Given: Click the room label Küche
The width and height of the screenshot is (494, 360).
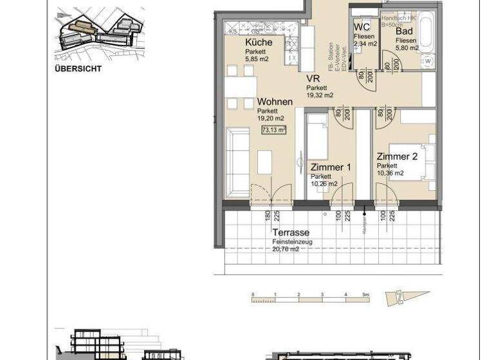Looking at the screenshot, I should [259, 42].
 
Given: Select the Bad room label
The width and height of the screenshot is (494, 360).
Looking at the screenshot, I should [404, 30].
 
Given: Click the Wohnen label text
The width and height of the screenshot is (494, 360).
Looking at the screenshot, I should [275, 102].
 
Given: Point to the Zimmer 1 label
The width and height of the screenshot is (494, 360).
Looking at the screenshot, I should [331, 167].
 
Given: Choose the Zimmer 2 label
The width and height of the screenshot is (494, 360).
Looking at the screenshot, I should [397, 156].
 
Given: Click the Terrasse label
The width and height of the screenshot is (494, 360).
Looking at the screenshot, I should [291, 232].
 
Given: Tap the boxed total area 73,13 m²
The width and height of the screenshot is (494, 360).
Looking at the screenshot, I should [273, 129].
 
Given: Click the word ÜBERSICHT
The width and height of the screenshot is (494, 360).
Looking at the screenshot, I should [78, 68].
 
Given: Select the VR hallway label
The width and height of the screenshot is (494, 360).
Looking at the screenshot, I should [313, 78].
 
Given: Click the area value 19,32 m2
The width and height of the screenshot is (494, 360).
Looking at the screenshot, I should [320, 95].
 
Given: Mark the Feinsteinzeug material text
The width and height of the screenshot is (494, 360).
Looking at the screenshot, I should [292, 242].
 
